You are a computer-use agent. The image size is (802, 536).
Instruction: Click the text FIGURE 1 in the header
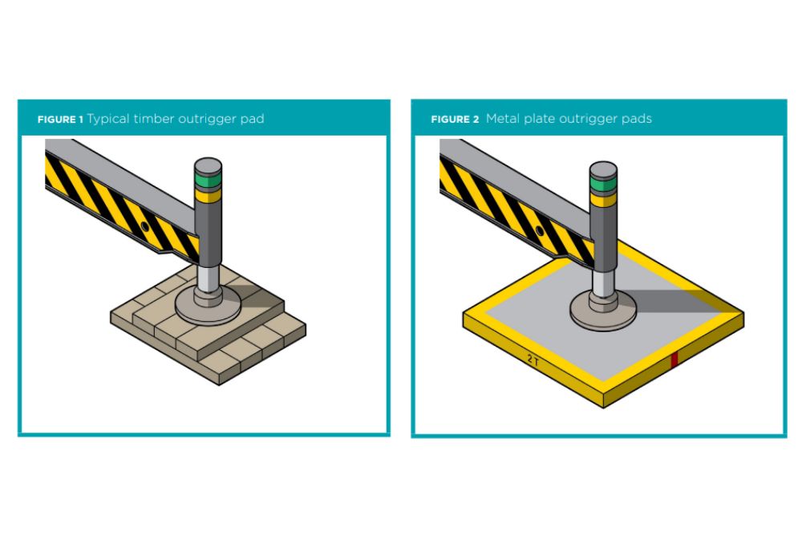point(60,120)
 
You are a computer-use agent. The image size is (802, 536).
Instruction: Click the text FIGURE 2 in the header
point(455,120)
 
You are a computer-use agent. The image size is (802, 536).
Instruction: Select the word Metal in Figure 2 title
point(503,119)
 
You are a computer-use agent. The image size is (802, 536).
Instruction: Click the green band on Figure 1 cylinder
point(208,181)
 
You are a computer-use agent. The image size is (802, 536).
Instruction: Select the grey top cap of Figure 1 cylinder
point(208,168)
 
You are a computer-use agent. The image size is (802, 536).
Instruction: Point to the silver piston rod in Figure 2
point(603,279)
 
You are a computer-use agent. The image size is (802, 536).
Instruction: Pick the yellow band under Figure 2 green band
point(602,196)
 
